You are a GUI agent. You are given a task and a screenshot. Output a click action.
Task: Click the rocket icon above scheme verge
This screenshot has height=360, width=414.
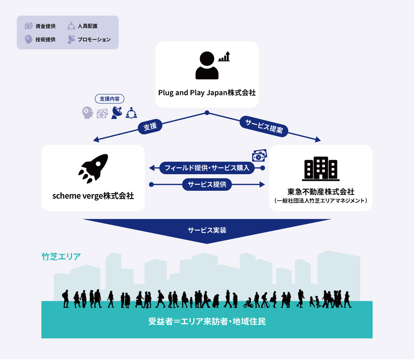pyautogui.click(x=93, y=168)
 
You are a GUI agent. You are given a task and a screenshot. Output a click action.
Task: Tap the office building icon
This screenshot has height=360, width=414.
pyautogui.click(x=321, y=169)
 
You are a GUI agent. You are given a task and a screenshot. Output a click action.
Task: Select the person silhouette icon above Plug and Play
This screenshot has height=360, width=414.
pyautogui.click(x=207, y=65)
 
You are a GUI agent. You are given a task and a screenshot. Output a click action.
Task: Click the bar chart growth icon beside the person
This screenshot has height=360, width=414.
pyautogui.click(x=224, y=56)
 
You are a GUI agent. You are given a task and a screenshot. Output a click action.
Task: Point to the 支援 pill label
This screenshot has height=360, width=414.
pyautogui.click(x=150, y=127)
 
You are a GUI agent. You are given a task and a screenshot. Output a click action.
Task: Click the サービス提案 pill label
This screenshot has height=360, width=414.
pyautogui.click(x=264, y=126)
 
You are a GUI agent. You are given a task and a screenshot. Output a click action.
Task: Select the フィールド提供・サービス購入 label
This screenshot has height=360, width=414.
pyautogui.click(x=207, y=168)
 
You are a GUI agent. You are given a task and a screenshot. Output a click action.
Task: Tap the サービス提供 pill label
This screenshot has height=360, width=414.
pyautogui.click(x=207, y=184)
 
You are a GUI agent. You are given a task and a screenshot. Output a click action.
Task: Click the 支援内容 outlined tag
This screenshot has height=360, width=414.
pyautogui.click(x=110, y=99)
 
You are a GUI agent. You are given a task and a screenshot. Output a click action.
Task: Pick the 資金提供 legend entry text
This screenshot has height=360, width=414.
pyautogui.click(x=46, y=26)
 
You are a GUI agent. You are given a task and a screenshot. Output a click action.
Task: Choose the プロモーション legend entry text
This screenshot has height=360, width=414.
pyautogui.click(x=94, y=40)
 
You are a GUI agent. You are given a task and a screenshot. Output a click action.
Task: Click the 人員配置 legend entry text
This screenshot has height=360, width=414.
pyautogui.click(x=88, y=26)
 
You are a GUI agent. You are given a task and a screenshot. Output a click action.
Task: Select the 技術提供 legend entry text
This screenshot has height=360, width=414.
pyautogui.click(x=46, y=40)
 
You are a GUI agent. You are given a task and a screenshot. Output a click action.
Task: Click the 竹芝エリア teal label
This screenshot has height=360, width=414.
pyautogui.click(x=61, y=257)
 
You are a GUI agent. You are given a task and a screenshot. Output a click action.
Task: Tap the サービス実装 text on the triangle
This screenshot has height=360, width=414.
pyautogui.click(x=207, y=230)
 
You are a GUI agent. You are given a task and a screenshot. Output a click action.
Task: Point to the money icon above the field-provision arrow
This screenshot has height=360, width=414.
pyautogui.click(x=260, y=156)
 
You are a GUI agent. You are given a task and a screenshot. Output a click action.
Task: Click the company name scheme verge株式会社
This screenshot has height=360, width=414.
pyautogui.click(x=93, y=196)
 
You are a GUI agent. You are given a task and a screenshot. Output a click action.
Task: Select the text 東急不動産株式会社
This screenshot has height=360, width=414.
pyautogui.click(x=321, y=192)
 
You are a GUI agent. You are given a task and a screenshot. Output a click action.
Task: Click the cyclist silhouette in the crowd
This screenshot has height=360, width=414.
pyautogui.click(x=248, y=303)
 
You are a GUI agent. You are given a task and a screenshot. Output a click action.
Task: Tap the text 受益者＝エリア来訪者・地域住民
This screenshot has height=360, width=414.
pyautogui.click(x=207, y=322)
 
